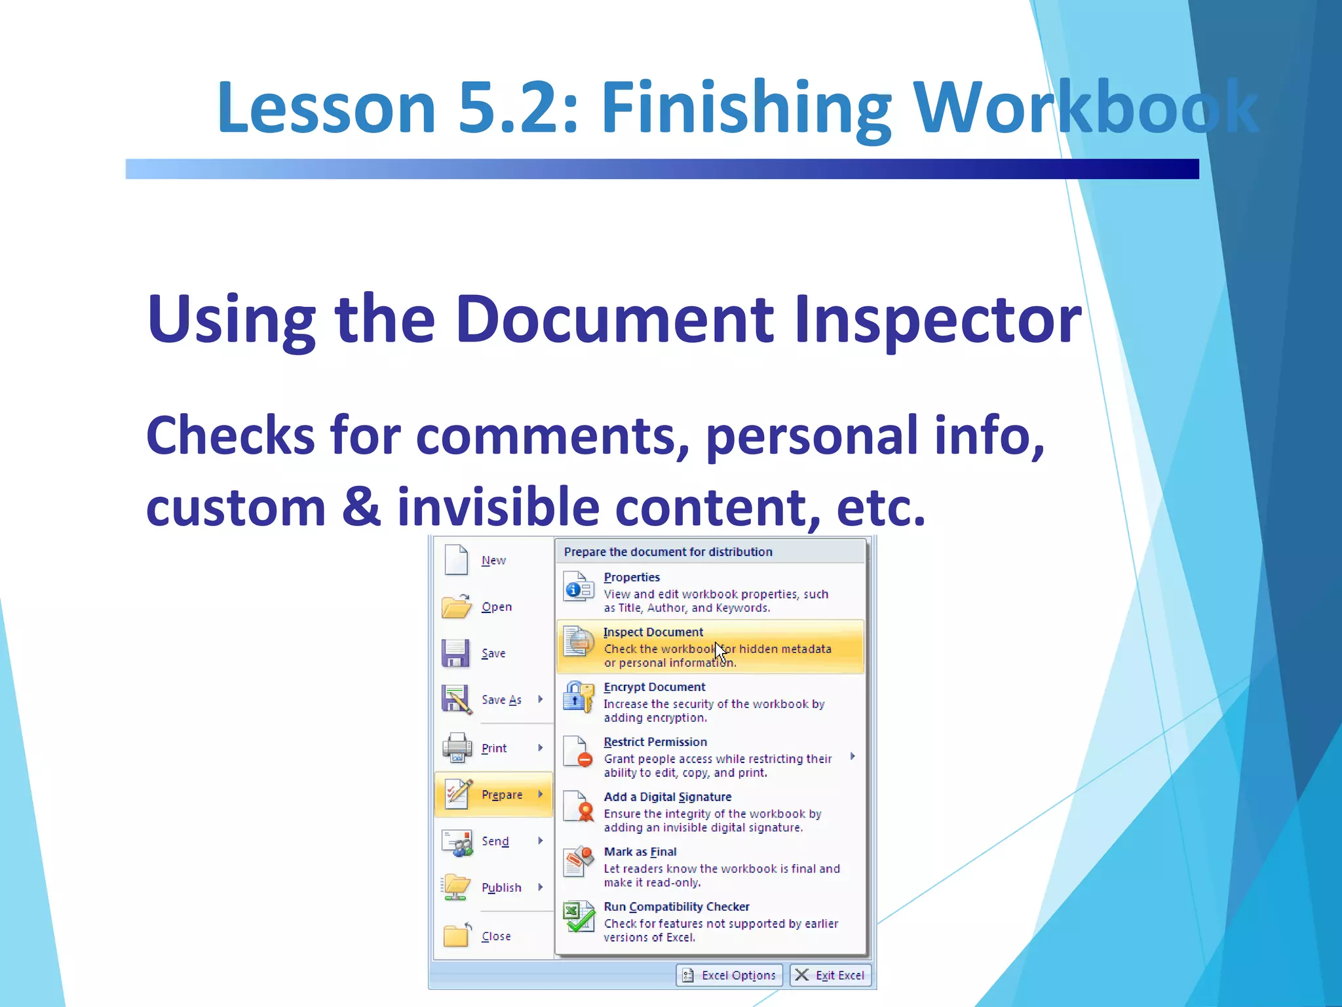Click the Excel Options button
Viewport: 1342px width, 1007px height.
pyautogui.click(x=729, y=976)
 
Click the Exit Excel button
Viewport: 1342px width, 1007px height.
pyautogui.click(x=830, y=976)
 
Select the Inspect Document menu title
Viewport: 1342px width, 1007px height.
pyautogui.click(x=653, y=632)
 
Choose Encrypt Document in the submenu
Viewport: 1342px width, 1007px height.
pyautogui.click(x=654, y=687)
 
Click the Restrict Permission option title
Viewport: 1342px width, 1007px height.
pyautogui.click(x=655, y=742)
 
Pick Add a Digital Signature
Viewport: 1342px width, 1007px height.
pyautogui.click(x=667, y=797)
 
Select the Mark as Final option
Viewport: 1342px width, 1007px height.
pyautogui.click(x=640, y=852)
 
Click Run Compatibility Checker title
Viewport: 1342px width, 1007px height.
pyautogui.click(x=676, y=907)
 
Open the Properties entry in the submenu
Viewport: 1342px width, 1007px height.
pyautogui.click(x=632, y=578)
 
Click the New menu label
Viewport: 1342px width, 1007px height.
pyautogui.click(x=493, y=561)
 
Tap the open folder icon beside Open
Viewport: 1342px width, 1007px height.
pyautogui.click(x=456, y=606)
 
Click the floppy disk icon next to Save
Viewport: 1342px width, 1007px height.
pyautogui.click(x=455, y=653)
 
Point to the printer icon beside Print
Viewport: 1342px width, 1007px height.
pyautogui.click(x=457, y=747)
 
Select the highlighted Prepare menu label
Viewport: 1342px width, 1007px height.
pyautogui.click(x=502, y=795)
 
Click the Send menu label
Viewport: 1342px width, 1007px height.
pyautogui.click(x=495, y=841)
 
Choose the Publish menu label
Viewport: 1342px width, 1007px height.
pyautogui.click(x=501, y=888)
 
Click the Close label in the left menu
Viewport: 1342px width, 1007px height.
pyautogui.click(x=496, y=936)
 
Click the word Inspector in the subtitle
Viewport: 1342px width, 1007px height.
pyautogui.click(x=937, y=319)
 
